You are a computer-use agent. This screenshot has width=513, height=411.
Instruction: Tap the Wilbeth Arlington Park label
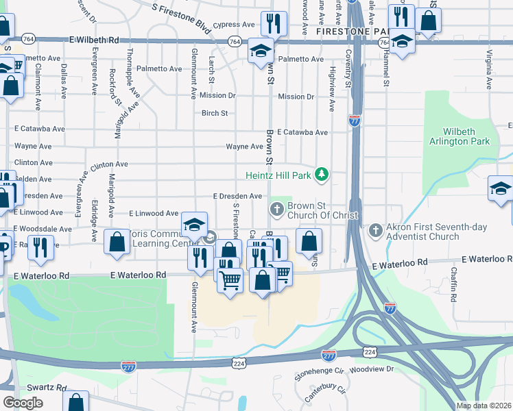tap(466, 136)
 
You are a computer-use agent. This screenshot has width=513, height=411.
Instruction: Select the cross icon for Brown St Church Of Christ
tap(277, 210)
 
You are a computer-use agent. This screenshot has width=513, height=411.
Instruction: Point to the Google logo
tap(23, 403)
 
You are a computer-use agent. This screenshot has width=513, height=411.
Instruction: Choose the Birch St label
tap(214, 114)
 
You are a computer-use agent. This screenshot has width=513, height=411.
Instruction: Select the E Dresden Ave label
tap(237, 196)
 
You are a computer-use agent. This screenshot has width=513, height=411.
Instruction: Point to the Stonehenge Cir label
tap(318, 374)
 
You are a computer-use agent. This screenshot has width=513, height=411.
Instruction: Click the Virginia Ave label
tap(489, 69)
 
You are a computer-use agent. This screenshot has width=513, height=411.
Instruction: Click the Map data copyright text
tap(484, 406)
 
